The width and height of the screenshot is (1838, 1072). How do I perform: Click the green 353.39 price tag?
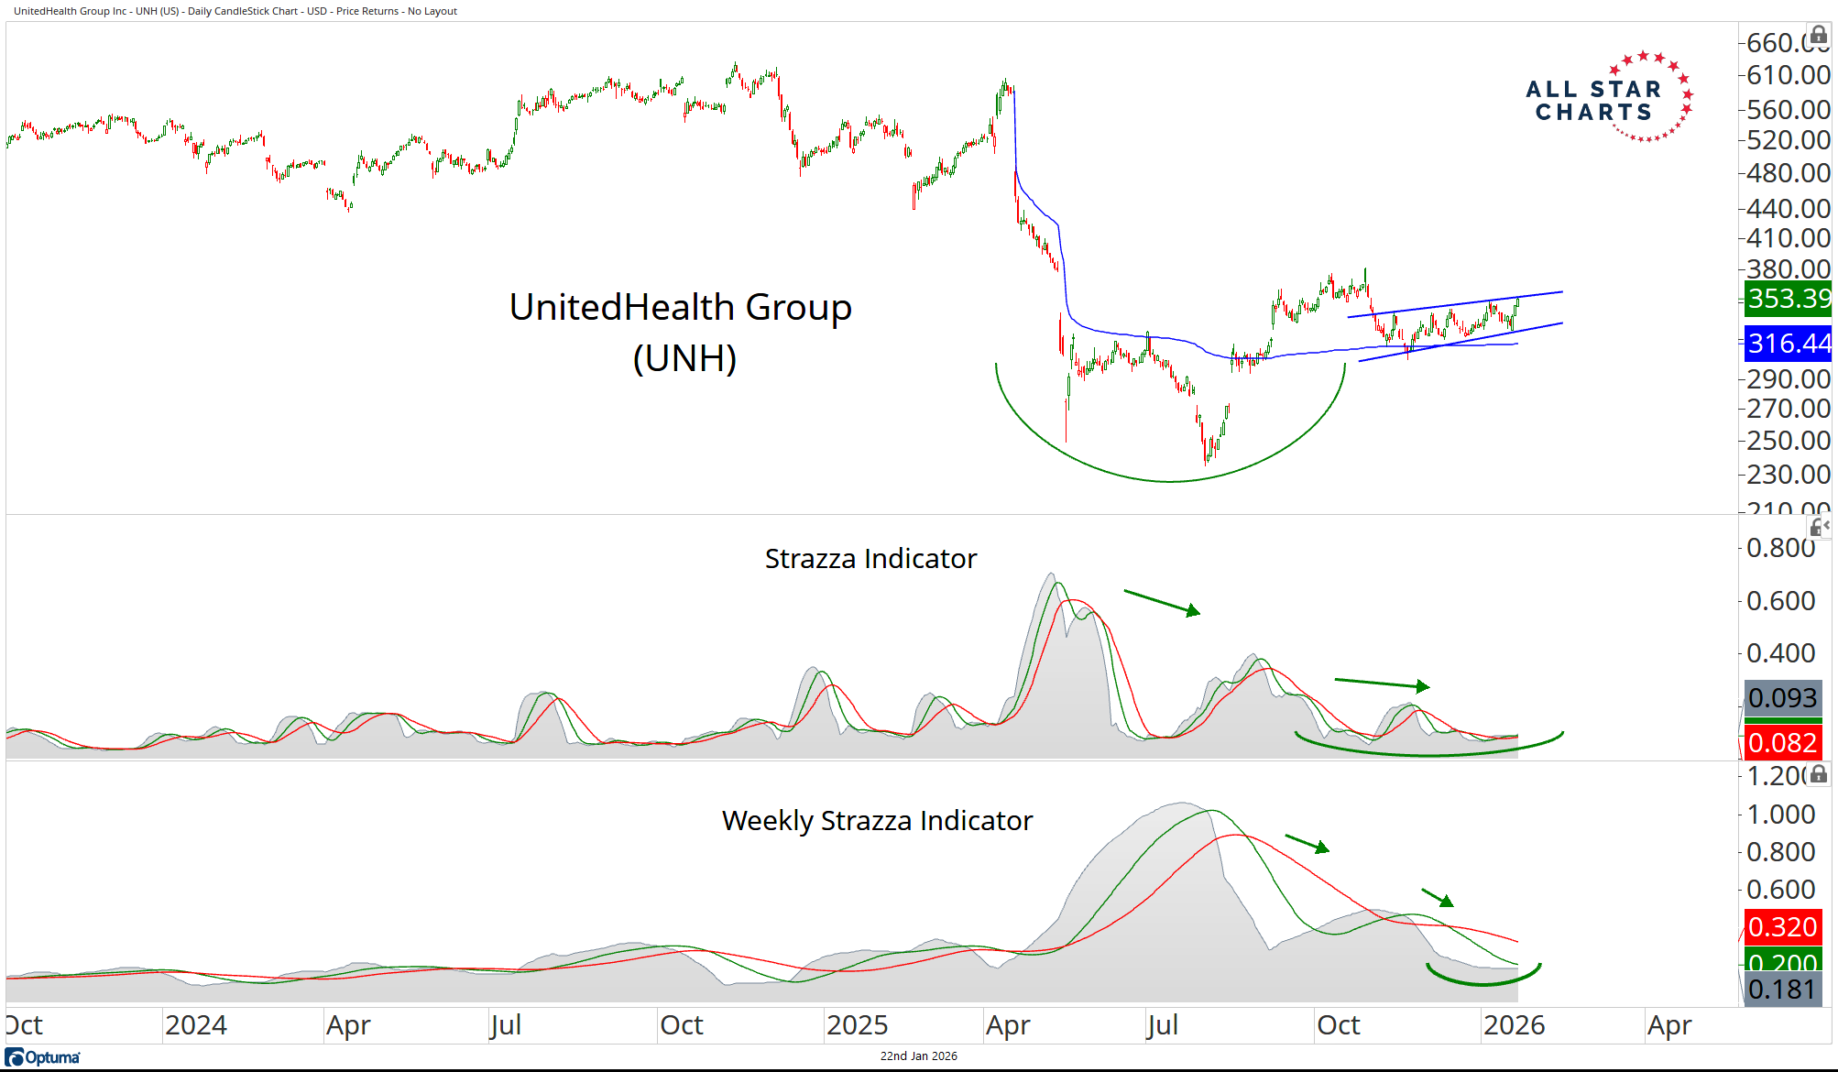1788,299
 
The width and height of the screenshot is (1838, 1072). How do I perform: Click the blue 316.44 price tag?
1788,344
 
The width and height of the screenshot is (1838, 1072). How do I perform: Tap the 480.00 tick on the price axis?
1788,173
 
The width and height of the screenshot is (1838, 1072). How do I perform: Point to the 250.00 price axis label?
1788,441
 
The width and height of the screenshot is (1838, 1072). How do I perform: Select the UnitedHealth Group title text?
680,308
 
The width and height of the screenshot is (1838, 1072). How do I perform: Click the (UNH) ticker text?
684,358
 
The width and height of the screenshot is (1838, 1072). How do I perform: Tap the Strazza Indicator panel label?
870,559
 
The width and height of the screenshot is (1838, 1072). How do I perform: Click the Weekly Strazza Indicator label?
877,821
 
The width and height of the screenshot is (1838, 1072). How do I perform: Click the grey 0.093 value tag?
1782,698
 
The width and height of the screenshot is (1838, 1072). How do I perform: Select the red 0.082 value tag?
1782,742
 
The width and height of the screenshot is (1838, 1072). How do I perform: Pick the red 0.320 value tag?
1782,927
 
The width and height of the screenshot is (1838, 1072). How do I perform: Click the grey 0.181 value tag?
1782,990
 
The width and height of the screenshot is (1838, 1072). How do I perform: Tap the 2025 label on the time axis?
857,1025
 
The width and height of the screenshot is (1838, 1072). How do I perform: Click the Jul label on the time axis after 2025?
1162,1025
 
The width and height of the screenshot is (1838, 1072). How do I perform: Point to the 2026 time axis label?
1514,1025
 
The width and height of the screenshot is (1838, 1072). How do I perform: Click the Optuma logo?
43,1057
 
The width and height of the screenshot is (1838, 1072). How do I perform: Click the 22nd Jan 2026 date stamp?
918,1056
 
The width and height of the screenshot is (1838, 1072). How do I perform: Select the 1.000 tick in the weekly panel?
1780,815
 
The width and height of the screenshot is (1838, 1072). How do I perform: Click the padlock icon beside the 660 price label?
1819,36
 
